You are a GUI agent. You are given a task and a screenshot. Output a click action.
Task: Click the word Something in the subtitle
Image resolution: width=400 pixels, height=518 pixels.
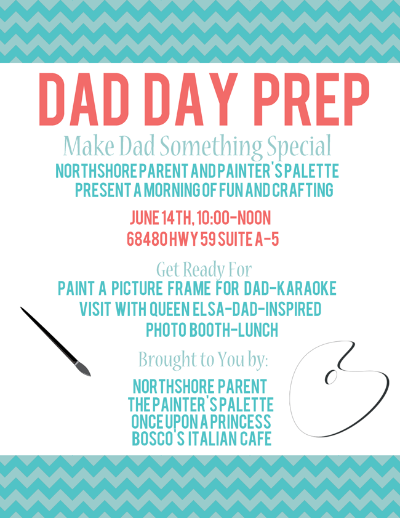(211, 146)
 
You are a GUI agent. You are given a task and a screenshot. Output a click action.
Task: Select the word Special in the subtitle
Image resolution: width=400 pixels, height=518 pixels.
(299, 146)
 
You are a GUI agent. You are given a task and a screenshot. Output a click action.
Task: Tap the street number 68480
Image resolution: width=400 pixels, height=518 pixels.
(147, 239)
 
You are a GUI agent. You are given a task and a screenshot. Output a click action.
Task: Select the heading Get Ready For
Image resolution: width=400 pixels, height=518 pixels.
(204, 269)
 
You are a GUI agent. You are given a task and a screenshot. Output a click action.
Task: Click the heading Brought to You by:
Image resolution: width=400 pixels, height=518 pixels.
(203, 359)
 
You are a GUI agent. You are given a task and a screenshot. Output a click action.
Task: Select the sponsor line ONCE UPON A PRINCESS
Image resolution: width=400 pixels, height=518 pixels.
(201, 421)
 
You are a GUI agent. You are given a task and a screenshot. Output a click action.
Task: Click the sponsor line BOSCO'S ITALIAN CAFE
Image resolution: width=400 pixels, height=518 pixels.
(202, 439)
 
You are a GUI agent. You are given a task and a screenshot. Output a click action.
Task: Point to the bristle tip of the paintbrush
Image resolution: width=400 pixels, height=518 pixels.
(90, 376)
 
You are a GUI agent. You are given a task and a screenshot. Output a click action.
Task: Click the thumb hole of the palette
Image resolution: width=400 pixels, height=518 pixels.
(331, 376)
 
